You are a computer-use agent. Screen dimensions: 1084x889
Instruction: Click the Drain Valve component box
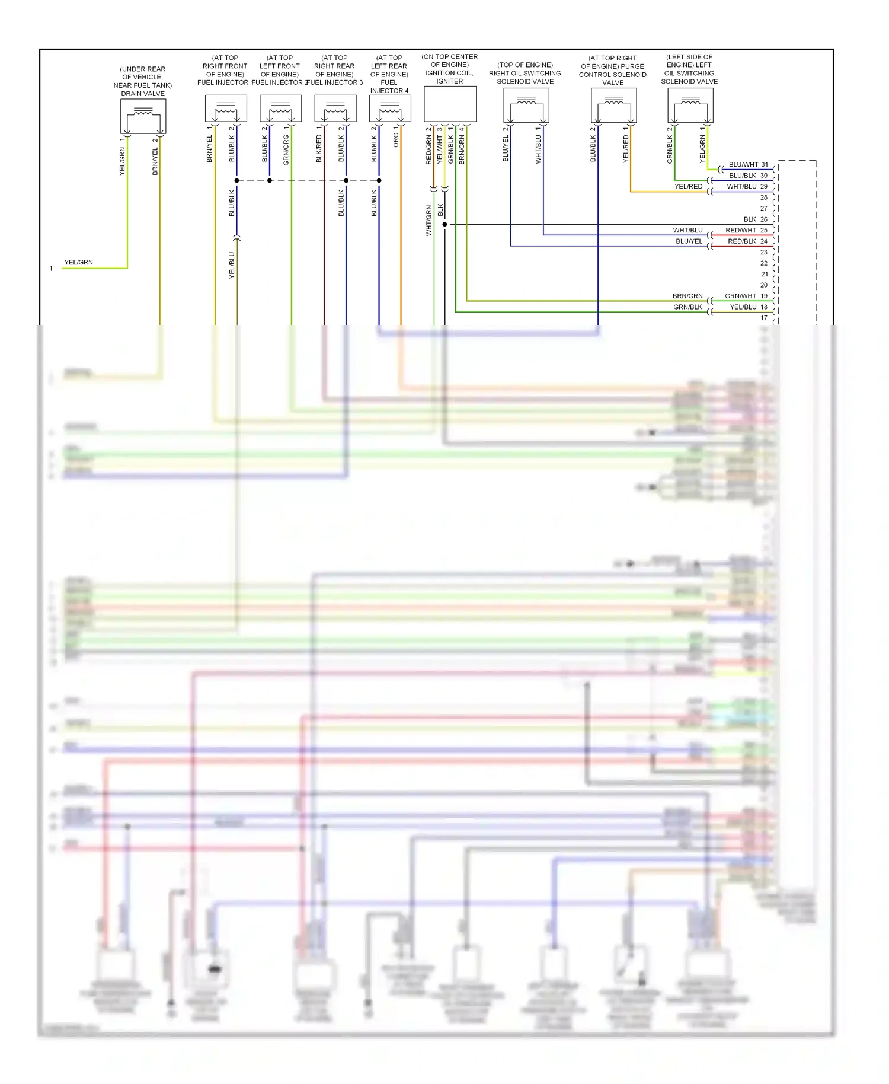click(x=143, y=116)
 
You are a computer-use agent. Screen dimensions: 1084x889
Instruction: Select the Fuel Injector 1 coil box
click(x=226, y=109)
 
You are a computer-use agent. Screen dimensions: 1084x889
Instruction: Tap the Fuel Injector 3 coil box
click(x=335, y=109)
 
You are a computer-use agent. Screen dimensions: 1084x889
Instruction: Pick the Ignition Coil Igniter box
click(x=450, y=104)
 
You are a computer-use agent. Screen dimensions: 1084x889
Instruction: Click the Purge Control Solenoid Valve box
click(x=613, y=106)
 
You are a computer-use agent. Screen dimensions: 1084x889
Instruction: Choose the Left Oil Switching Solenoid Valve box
click(x=690, y=106)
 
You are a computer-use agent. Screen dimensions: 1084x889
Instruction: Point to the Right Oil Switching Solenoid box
click(x=526, y=106)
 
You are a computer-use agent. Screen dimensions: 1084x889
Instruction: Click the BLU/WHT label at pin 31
click(x=743, y=164)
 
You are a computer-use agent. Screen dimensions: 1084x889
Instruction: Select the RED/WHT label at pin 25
click(x=741, y=230)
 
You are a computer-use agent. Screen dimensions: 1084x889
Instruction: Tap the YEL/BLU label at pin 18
click(x=743, y=307)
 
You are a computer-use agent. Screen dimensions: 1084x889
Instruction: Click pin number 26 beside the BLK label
click(x=764, y=219)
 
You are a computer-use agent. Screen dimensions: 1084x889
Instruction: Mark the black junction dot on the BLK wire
click(x=444, y=224)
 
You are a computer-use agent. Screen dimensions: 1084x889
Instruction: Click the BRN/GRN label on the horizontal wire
click(x=687, y=296)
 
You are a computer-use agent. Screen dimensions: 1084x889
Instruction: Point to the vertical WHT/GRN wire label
click(x=428, y=221)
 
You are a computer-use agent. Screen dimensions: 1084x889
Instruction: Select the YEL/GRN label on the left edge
click(x=79, y=262)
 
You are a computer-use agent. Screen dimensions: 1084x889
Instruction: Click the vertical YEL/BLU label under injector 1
click(x=232, y=265)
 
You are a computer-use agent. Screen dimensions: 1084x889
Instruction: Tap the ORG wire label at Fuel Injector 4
click(x=395, y=140)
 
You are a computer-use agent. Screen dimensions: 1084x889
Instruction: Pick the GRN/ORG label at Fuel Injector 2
click(x=286, y=149)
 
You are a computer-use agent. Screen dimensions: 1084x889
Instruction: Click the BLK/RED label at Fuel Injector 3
click(x=319, y=148)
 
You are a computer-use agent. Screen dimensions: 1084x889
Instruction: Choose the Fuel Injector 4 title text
click(x=389, y=74)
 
